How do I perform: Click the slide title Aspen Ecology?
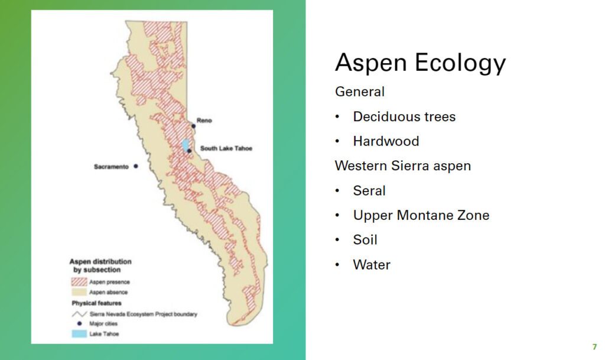[420, 63]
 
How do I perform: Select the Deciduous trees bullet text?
[404, 116]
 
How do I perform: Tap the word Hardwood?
[386, 141]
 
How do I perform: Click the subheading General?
[359, 92]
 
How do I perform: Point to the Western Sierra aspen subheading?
[402, 166]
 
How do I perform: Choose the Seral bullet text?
[369, 190]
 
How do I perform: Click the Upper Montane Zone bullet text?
[421, 215]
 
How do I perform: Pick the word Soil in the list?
[365, 240]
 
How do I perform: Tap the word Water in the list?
[372, 265]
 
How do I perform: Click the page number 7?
[594, 347]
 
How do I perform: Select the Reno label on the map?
[204, 121]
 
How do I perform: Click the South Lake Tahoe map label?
[226, 148]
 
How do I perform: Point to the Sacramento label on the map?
[111, 167]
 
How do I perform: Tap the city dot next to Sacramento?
[135, 167]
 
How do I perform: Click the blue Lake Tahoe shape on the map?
[186, 144]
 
